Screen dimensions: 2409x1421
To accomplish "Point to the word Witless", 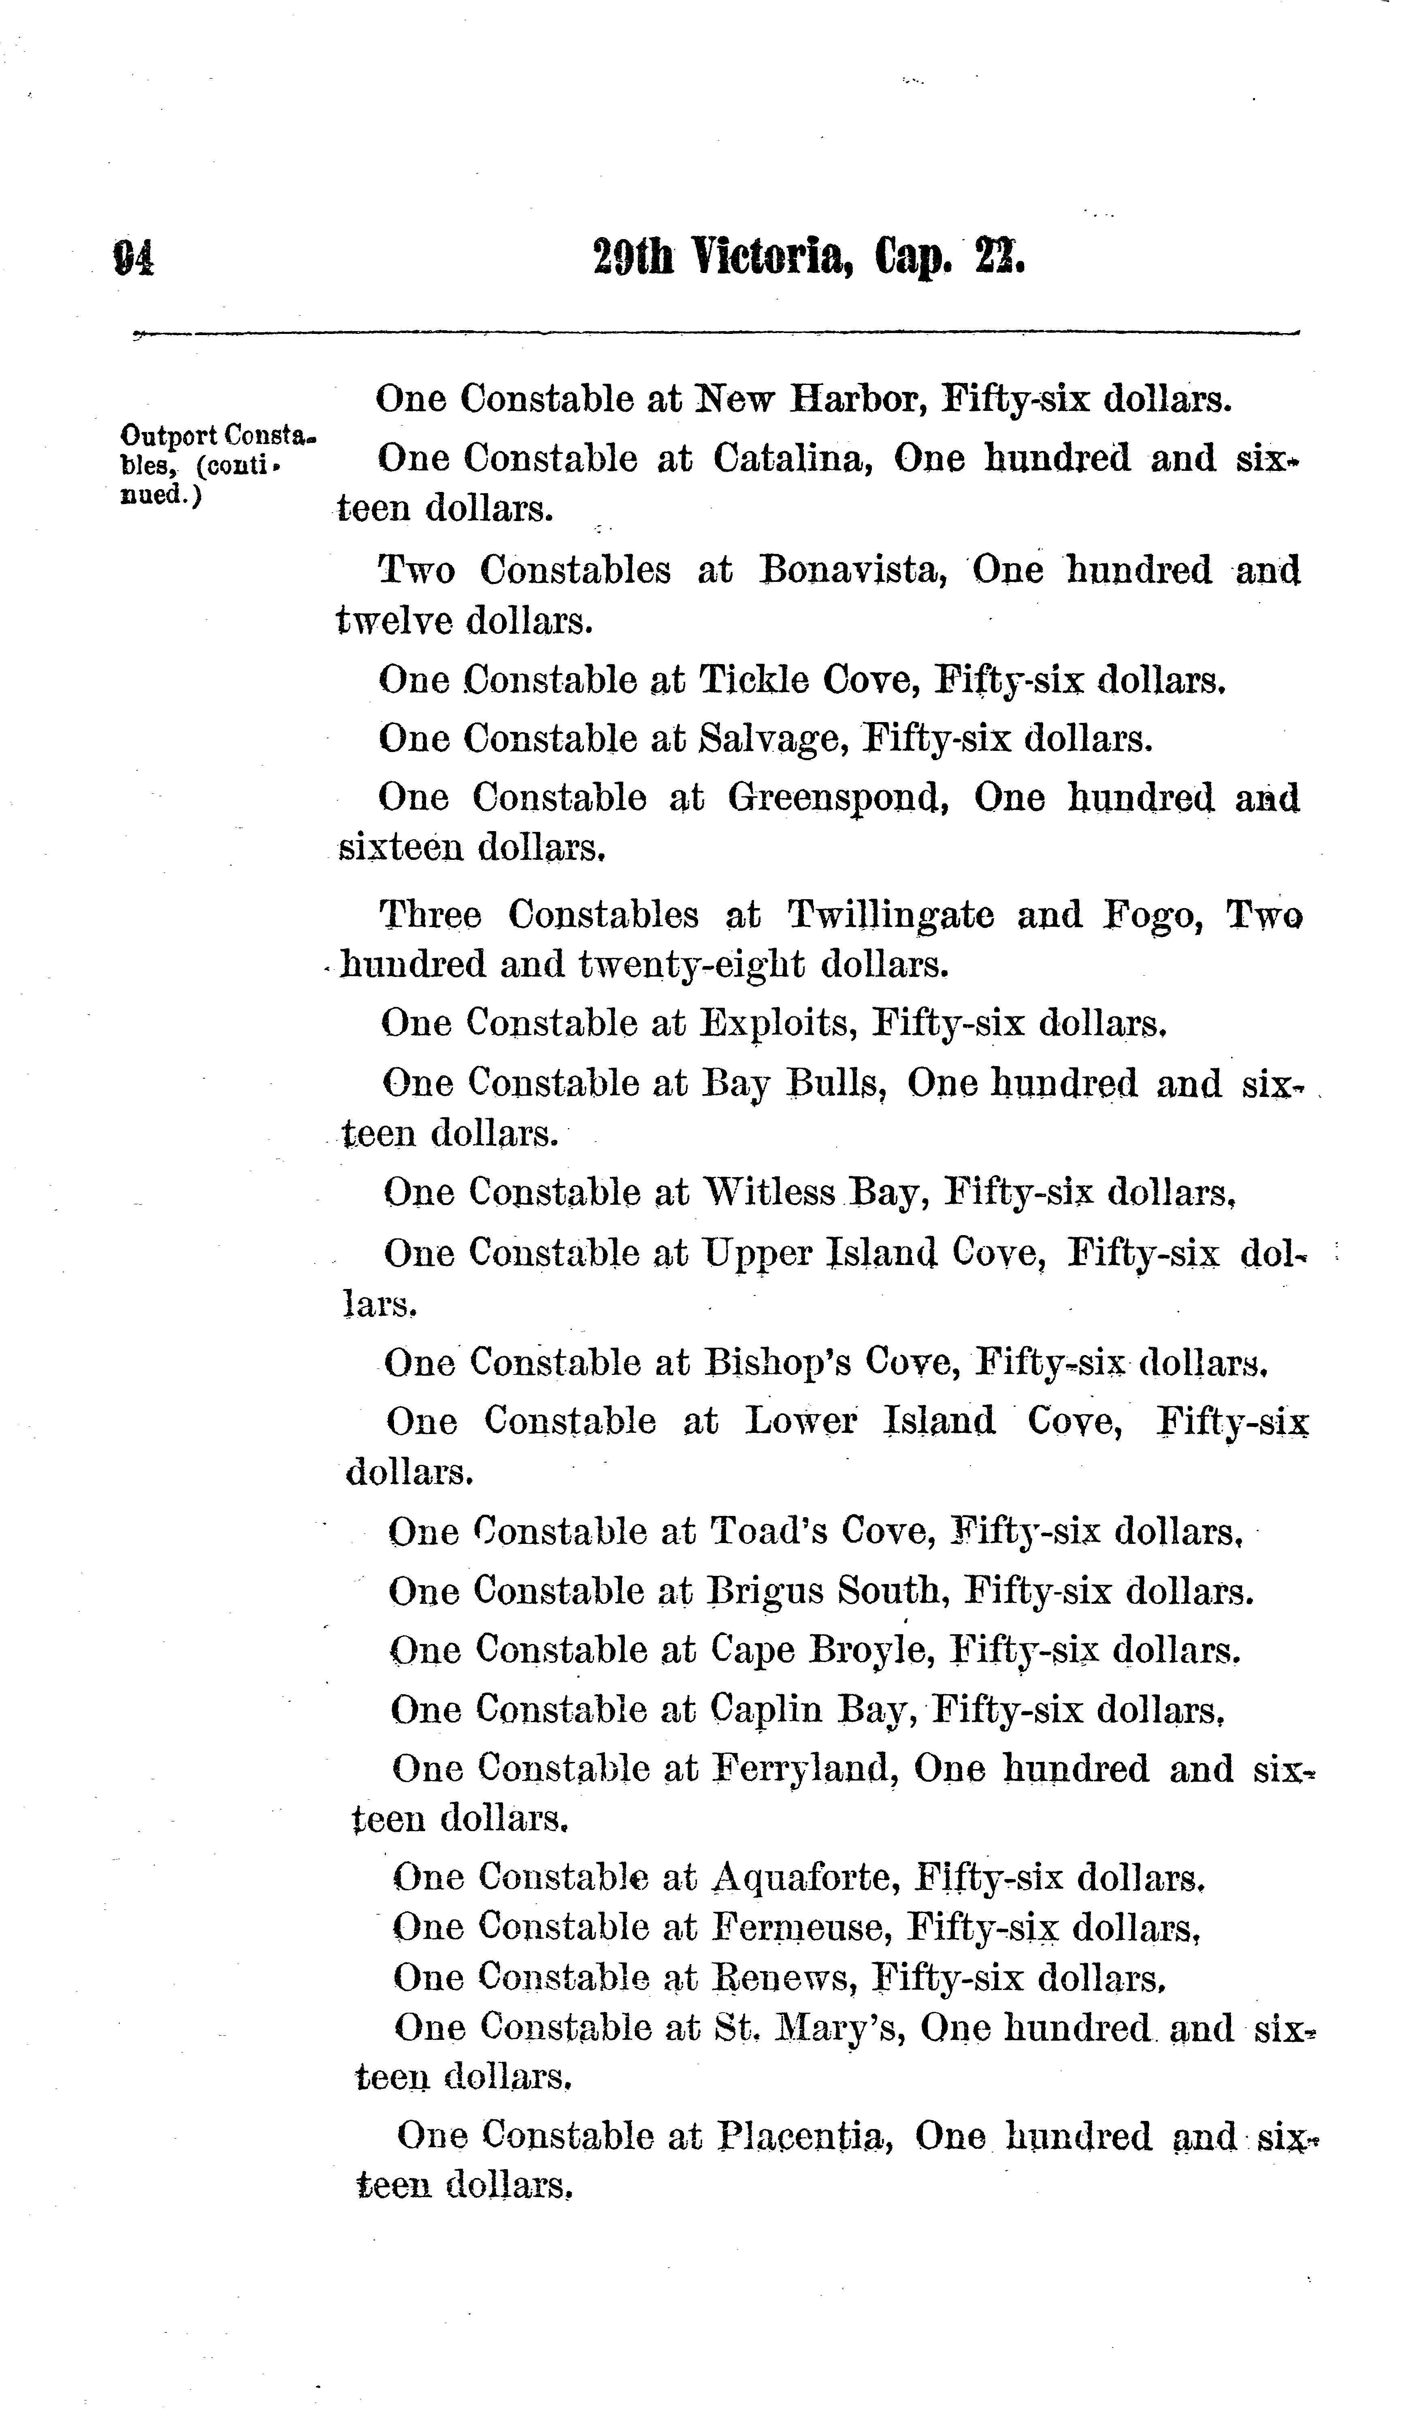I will point(770,1193).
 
